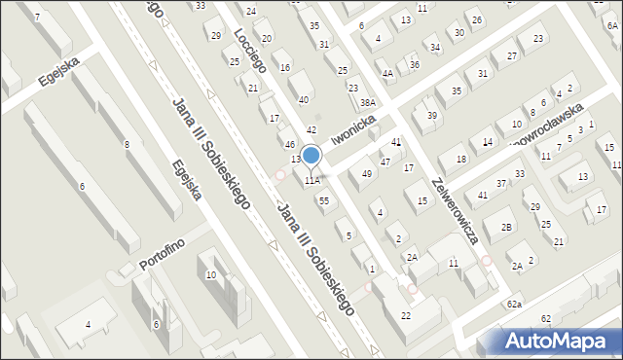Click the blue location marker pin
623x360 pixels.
click(311, 156)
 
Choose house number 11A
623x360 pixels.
click(311, 180)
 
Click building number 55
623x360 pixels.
click(324, 200)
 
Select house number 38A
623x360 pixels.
click(367, 102)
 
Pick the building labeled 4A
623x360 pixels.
click(387, 73)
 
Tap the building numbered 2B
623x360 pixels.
click(507, 227)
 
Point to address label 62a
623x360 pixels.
click(514, 305)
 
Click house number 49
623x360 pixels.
click(367, 174)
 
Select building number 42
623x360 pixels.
click(311, 129)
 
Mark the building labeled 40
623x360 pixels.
click(304, 99)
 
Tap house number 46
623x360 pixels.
click(289, 144)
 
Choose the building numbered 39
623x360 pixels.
click(432, 116)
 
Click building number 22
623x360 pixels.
click(406, 315)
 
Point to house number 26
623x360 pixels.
click(476, 19)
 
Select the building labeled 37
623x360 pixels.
click(501, 183)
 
